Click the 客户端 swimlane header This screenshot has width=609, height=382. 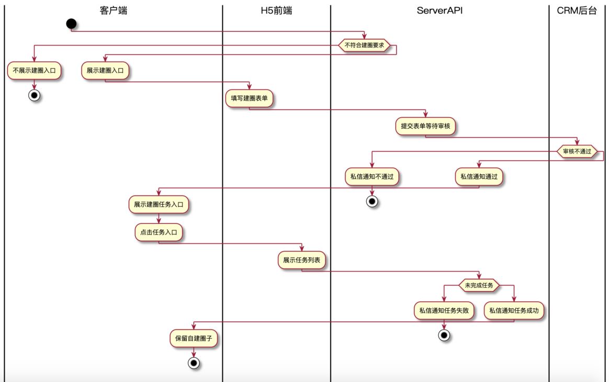pyautogui.click(x=114, y=10)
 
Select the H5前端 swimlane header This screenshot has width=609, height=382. pyautogui.click(x=277, y=10)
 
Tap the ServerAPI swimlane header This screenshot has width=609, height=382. pyautogui.click(x=439, y=10)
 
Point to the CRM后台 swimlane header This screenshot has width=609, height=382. pyautogui.click(x=577, y=10)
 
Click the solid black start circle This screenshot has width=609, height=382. pyautogui.click(x=72, y=24)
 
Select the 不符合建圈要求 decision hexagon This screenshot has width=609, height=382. pyautogui.click(x=365, y=46)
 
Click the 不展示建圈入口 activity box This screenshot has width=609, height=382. pyautogui.click(x=35, y=71)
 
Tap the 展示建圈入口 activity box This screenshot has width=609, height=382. pyautogui.click(x=105, y=71)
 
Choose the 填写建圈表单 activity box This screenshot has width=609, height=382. pyautogui.click(x=249, y=98)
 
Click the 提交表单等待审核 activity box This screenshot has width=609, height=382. pyautogui.click(x=425, y=126)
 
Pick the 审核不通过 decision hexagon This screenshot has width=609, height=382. pyautogui.click(x=577, y=152)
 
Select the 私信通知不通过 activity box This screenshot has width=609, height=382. pyautogui.click(x=372, y=177)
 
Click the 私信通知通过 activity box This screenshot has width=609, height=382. pyautogui.click(x=479, y=177)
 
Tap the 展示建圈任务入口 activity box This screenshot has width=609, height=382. pyautogui.click(x=159, y=205)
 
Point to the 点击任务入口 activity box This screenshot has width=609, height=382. pyautogui.click(x=159, y=232)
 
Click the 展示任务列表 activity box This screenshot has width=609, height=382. pyautogui.click(x=302, y=260)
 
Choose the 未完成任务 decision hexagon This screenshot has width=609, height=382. pyautogui.click(x=479, y=285)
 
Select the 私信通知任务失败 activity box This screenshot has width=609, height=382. pyautogui.click(x=444, y=311)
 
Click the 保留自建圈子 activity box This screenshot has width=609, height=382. pyautogui.click(x=194, y=339)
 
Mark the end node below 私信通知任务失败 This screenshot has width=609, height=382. pyautogui.click(x=444, y=335)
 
